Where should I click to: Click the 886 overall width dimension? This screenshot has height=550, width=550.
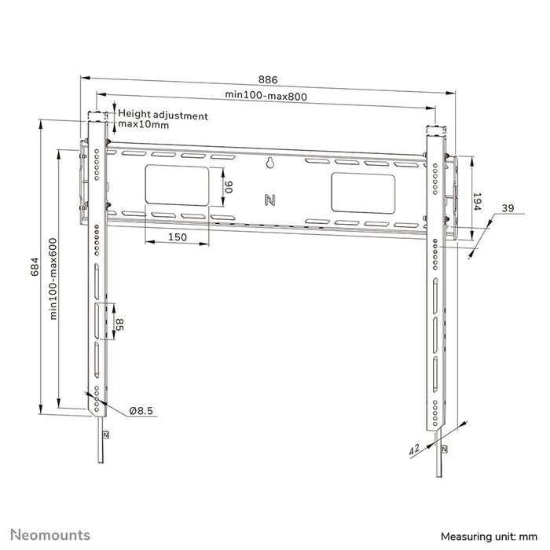point(268,79)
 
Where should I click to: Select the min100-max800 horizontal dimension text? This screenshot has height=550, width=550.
point(265,95)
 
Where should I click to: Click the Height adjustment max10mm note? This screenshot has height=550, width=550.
point(163,120)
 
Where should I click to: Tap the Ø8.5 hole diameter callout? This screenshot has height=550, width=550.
point(141,410)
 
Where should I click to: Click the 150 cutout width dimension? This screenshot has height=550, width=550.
point(177,236)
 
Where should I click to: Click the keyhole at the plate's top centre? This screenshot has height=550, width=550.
point(269,164)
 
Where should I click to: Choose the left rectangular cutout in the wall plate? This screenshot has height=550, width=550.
point(177,189)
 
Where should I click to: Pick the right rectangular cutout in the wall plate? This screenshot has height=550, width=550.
point(362,192)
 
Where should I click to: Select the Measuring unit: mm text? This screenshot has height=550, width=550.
point(493,536)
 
